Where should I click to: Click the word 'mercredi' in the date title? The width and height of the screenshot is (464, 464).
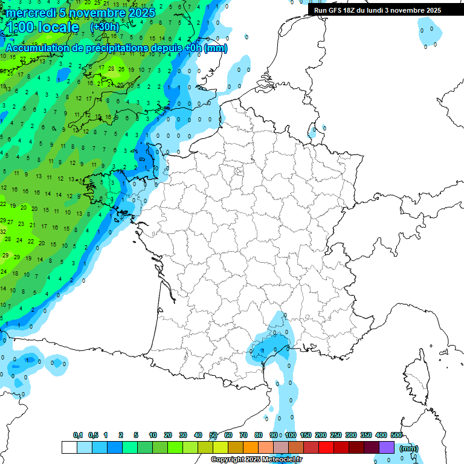(31, 13)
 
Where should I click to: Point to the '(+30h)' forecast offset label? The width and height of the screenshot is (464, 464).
(105, 27)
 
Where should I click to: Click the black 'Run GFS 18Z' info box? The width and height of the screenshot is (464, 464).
(378, 10)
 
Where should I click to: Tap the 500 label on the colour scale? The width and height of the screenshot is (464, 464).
(396, 435)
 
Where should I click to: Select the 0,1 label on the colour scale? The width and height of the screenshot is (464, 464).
(77, 435)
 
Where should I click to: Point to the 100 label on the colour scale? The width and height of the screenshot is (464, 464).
(291, 435)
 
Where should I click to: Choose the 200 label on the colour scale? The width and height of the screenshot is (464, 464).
(321, 435)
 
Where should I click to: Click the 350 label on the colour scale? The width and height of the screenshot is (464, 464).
(366, 435)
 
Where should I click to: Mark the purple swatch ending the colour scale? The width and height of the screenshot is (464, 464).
(387, 447)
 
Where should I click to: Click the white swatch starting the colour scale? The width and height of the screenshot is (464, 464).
(69, 447)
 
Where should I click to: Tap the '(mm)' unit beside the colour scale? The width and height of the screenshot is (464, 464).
(409, 448)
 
